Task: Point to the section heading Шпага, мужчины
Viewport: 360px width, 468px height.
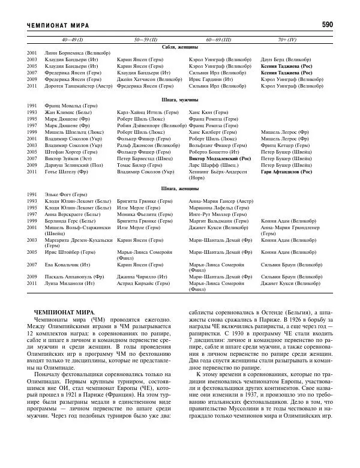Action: (180, 99)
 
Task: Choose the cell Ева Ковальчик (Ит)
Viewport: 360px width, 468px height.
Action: (67, 263)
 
